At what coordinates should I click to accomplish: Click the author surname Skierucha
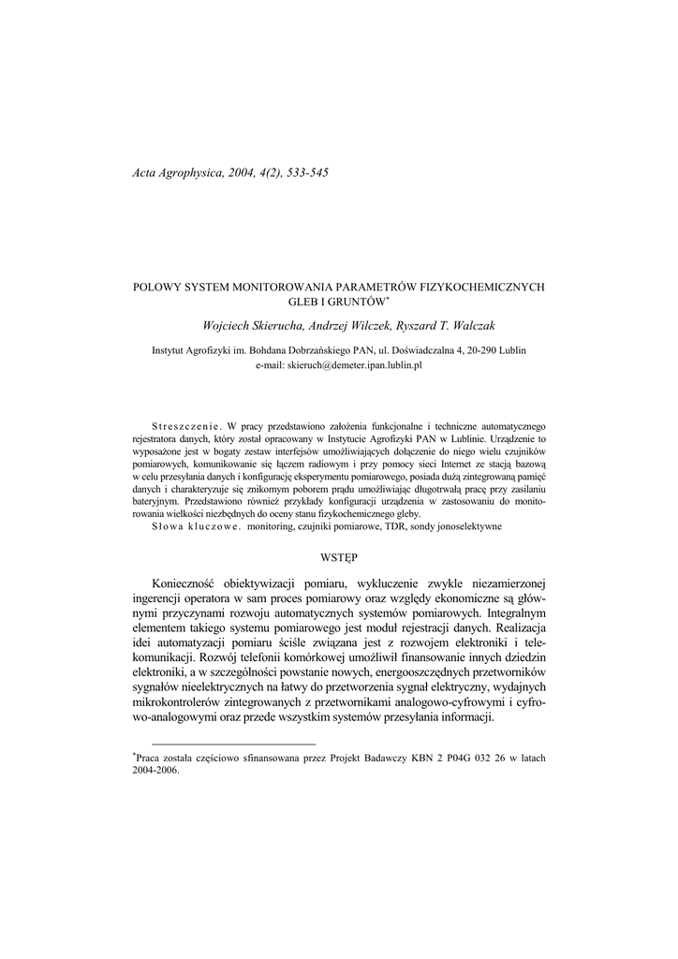coord(277,325)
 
